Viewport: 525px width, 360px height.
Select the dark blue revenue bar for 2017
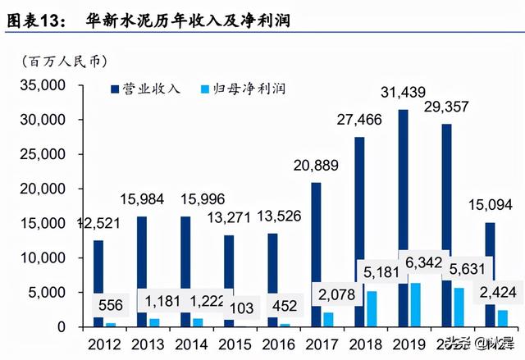316,246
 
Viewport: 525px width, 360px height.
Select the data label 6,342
422,262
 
